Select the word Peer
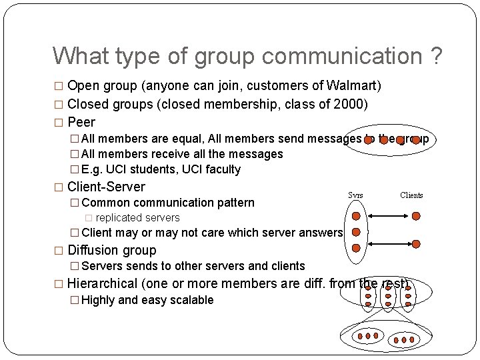[81, 122]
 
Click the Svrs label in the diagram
[356, 195]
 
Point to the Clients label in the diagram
[411, 195]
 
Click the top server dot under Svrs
[356, 216]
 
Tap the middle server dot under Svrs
[356, 232]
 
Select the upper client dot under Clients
[416, 216]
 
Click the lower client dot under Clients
[416, 245]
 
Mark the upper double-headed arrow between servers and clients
[386, 216]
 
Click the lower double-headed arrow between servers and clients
[386, 245]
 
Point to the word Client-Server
[107, 187]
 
